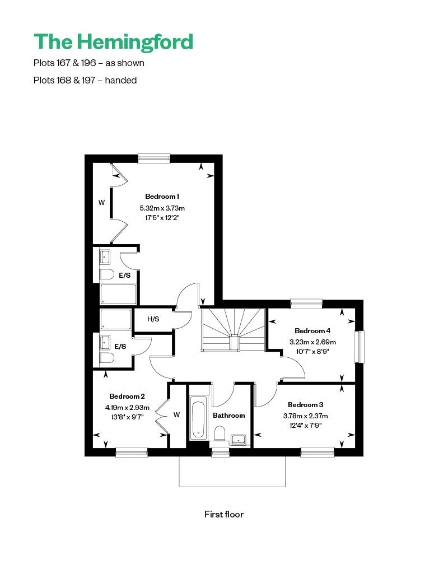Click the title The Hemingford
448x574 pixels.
(x=113, y=42)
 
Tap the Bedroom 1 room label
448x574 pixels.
(x=162, y=197)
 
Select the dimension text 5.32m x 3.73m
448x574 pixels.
(x=162, y=208)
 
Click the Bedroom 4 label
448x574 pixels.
(x=312, y=331)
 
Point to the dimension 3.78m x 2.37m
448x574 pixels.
(x=305, y=416)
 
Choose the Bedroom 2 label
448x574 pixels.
(x=127, y=396)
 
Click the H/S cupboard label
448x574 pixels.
(x=153, y=319)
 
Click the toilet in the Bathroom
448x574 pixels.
(x=220, y=433)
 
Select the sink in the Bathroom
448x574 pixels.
(x=239, y=440)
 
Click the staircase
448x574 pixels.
(x=233, y=329)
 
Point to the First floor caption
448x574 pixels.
(x=224, y=514)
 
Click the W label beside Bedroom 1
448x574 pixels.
(x=101, y=202)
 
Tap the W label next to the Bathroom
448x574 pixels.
(x=176, y=415)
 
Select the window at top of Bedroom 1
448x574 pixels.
(x=154, y=158)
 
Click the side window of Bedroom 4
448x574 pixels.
(x=360, y=347)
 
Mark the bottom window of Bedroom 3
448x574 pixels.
(x=318, y=452)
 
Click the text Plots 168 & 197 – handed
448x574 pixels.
(x=85, y=80)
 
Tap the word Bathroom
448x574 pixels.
(x=228, y=416)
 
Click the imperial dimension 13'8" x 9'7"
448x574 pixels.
(x=127, y=417)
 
